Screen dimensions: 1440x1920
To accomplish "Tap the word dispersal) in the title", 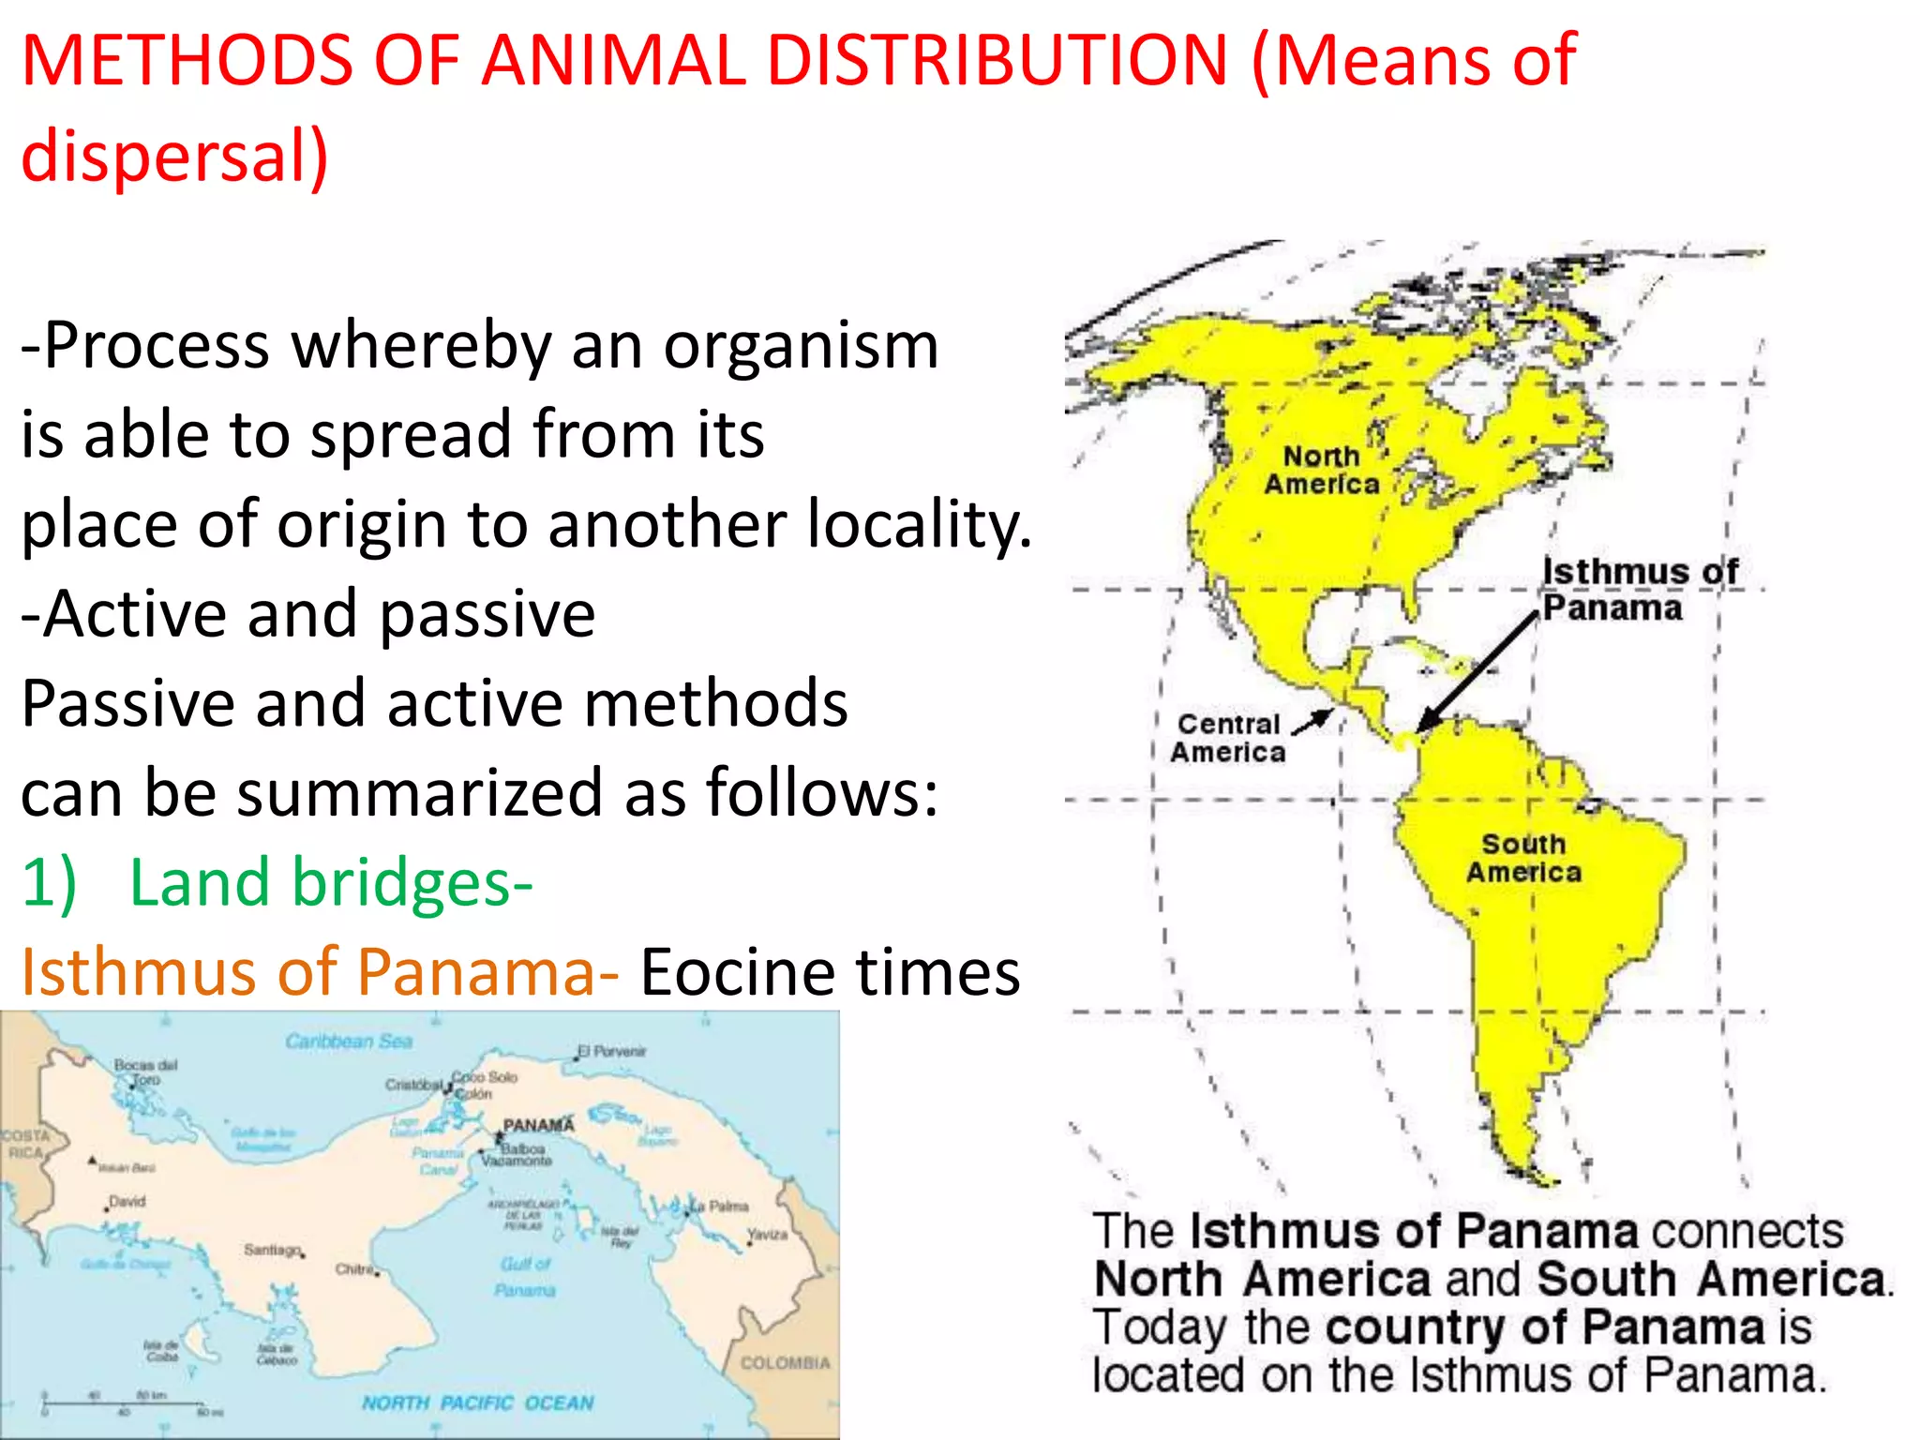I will (175, 156).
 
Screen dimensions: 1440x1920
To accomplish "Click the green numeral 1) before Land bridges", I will (49, 883).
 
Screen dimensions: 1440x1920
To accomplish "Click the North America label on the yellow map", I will (1322, 470).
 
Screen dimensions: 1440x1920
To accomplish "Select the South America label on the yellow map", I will (1523, 858).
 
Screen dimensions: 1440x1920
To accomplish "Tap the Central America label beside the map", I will (1228, 738).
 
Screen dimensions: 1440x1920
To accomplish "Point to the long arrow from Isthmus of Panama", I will (1476, 672).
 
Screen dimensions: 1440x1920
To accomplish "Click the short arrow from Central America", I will (1312, 721).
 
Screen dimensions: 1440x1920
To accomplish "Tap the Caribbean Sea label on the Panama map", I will (349, 1042).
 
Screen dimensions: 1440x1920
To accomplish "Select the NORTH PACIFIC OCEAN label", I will (478, 1402).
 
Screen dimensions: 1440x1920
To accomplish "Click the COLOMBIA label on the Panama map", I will (786, 1362).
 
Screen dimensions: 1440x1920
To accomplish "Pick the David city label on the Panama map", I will (127, 1201).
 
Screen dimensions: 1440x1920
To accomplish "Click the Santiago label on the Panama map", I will (272, 1250).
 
